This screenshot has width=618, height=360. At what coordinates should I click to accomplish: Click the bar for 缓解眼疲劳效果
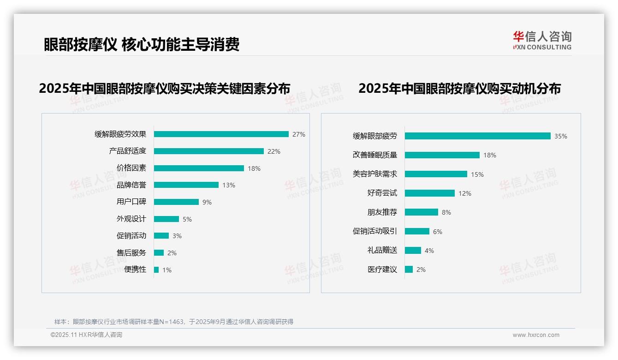(x=221, y=134)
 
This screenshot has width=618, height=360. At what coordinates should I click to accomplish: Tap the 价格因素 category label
(x=131, y=168)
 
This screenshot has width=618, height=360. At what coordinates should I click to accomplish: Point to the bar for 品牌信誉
(x=186, y=185)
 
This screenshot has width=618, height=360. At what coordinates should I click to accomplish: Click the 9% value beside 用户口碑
(x=207, y=202)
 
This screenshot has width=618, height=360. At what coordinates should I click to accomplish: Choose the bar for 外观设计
(x=166, y=219)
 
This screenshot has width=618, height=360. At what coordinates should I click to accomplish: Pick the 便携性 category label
(x=135, y=270)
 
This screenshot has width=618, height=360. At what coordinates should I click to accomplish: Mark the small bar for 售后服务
(x=159, y=253)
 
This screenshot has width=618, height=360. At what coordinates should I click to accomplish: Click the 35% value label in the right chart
(x=560, y=136)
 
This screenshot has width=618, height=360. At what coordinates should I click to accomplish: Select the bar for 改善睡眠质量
(x=442, y=155)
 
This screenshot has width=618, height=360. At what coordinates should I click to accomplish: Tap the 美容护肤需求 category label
(x=374, y=174)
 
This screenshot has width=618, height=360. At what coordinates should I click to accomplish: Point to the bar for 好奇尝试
(x=430, y=193)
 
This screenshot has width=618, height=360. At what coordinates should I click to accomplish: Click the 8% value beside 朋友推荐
(x=446, y=212)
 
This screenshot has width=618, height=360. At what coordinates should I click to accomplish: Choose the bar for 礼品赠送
(x=413, y=251)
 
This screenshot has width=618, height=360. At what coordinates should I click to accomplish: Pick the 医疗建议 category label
(x=382, y=270)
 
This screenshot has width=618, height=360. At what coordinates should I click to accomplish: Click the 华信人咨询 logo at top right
(x=542, y=40)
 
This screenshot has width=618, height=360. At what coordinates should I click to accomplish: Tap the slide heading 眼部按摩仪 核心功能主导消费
(x=142, y=44)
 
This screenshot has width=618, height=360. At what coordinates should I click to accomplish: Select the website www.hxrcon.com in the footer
(x=536, y=335)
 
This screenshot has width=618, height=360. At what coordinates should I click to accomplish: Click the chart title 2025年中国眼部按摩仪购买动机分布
(x=459, y=89)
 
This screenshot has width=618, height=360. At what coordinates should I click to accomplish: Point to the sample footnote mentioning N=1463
(x=174, y=322)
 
